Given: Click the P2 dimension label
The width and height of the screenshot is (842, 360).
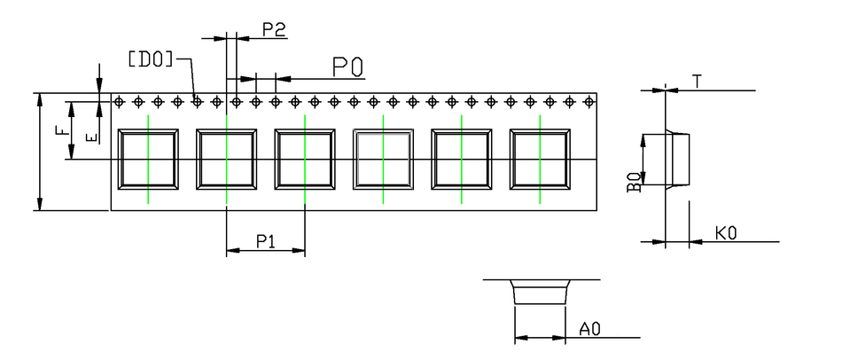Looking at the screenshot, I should point(273,29).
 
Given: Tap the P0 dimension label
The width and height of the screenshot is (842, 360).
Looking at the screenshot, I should point(347,67).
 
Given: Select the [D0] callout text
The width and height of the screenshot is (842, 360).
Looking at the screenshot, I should point(151,59).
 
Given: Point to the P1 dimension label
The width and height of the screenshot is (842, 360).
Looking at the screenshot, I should point(266,240).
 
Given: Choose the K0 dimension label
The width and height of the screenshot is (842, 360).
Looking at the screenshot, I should point(727,233).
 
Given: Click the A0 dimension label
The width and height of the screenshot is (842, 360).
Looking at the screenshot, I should point(590,330).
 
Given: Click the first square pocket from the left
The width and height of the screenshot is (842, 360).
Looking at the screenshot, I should point(148,160).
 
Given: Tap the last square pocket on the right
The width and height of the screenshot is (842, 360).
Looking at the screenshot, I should point(540,160).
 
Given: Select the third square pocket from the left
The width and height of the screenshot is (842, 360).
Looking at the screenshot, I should point(305,160).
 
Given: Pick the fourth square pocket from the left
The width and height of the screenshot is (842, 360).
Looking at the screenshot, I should point(383,160).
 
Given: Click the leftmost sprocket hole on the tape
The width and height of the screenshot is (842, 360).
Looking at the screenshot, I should point(118,102).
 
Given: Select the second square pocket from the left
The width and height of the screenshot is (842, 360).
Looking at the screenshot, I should point(227,160).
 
